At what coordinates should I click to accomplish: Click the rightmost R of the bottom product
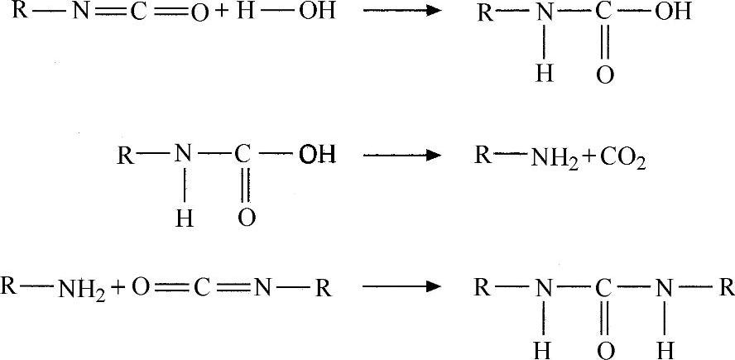pyautogui.click(x=725, y=288)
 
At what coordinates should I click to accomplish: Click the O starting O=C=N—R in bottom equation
pyautogui.click(x=141, y=288)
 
